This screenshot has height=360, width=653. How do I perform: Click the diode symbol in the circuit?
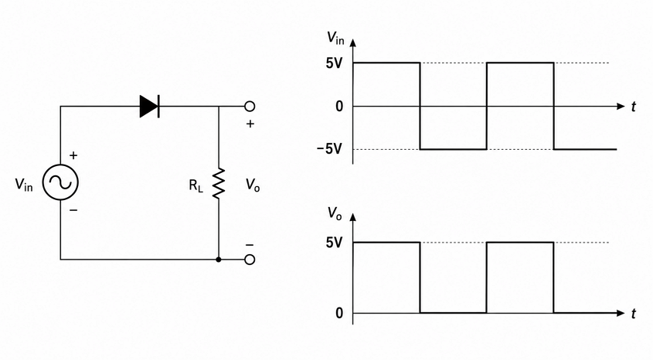point(149,106)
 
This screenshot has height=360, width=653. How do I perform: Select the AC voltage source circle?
point(60,182)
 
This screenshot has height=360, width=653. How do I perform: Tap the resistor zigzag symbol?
point(219,183)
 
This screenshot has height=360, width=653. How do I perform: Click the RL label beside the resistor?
point(196,185)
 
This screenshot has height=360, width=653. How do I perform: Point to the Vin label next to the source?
point(24,184)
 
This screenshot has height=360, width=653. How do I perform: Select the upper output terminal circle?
point(250,106)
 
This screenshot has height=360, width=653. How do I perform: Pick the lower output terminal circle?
point(250,260)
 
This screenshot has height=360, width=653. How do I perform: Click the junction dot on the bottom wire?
point(219,260)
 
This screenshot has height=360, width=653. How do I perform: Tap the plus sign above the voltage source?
point(73,155)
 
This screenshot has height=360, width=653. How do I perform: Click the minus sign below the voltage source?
point(73,210)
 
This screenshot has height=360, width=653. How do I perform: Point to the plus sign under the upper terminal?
point(250,124)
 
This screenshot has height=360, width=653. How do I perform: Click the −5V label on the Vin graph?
point(329,148)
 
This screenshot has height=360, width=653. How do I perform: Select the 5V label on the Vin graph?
point(334,63)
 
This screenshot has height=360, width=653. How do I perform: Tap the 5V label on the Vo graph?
point(334,243)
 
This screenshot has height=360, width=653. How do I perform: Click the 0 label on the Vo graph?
point(339,313)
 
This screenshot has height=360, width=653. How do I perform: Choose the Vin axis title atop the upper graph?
point(335,38)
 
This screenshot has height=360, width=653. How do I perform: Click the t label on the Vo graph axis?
point(634,314)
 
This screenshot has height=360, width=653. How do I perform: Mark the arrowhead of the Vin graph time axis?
point(621,106)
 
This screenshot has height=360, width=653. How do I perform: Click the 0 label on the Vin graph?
point(339,107)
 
